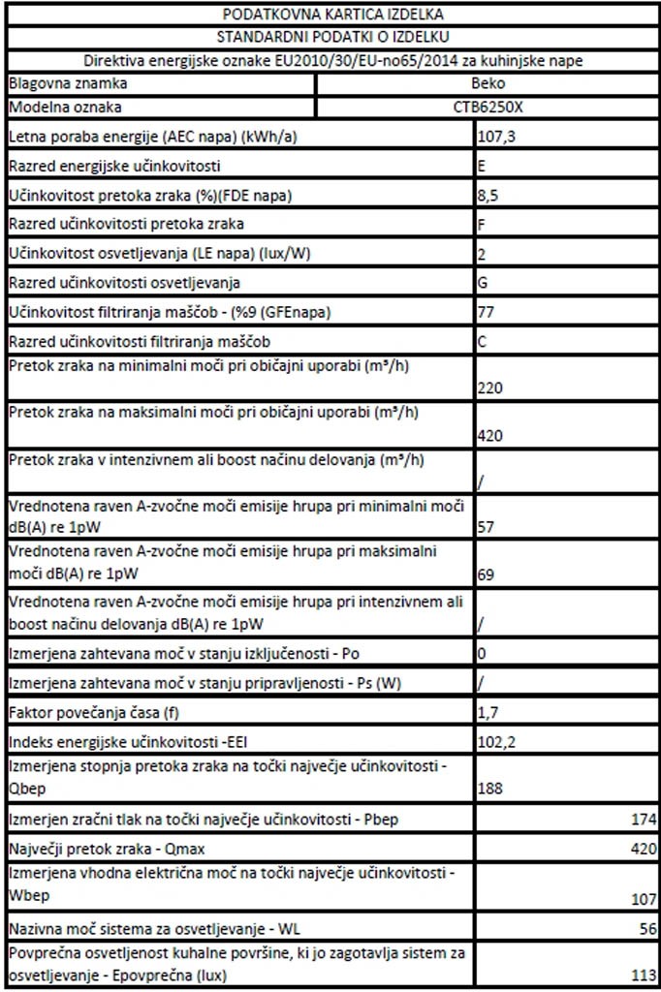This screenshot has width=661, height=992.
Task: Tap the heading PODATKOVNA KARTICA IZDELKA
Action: tap(333, 15)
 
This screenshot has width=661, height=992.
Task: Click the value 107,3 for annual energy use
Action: tap(496, 137)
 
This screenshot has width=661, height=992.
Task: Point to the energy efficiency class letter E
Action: tap(483, 166)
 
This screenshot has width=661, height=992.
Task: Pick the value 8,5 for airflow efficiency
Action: tap(489, 196)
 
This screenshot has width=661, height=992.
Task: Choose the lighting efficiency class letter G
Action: tap(483, 284)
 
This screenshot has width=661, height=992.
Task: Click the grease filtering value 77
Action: tap(488, 314)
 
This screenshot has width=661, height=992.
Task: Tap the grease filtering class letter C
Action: tap(483, 343)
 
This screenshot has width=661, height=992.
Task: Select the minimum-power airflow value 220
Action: tap(490, 388)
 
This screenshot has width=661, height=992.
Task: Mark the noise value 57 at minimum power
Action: tap(487, 527)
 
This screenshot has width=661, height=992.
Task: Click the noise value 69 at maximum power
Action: tap(487, 574)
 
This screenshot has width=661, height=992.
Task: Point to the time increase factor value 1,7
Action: tap(488, 713)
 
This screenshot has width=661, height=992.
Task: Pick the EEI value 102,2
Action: tap(496, 742)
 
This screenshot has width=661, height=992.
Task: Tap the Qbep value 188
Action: tap(490, 789)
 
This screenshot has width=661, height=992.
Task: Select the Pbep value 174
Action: tap(644, 821)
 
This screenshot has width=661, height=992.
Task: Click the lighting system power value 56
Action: tap(647, 928)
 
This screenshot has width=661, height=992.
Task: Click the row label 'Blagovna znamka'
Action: tap(57, 83)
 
